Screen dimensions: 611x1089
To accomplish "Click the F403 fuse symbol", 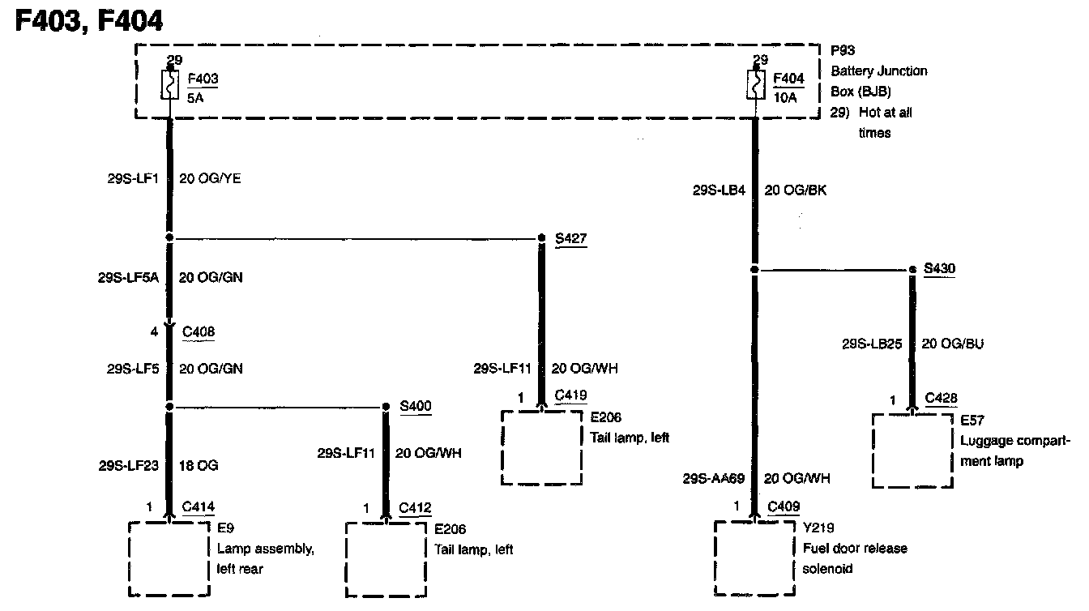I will coord(170,84).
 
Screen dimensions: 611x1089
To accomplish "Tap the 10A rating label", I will coord(785,98).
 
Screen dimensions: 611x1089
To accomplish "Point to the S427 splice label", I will coord(571,238).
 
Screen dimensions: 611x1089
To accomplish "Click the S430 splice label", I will coord(939,268).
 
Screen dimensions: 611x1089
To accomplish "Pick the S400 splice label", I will coord(416,406).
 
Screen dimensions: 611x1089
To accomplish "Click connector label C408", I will coord(199,331).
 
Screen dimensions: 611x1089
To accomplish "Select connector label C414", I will coord(199,507).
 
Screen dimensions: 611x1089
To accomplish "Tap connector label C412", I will coord(415,507).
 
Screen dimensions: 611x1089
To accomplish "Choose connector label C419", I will coord(570,395).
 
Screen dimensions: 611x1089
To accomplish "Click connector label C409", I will coord(784,506).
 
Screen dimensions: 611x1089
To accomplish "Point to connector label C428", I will coord(941,398).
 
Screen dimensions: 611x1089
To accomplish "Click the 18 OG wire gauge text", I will coord(198,466).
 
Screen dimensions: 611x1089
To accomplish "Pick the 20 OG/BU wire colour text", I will coord(952,344).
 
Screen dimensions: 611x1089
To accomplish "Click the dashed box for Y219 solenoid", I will coord(754,558).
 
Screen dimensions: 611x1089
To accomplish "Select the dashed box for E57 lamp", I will coord(912,451).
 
